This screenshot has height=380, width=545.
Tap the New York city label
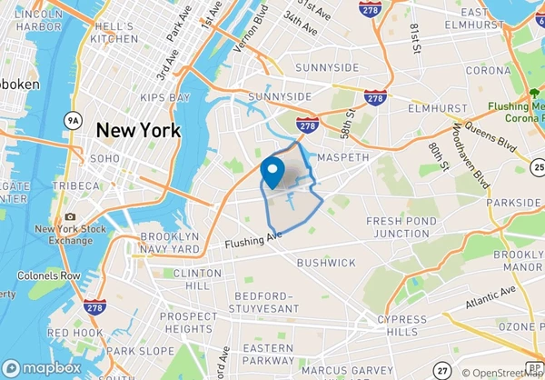coord(138,130)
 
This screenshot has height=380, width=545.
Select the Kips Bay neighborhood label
coord(165,96)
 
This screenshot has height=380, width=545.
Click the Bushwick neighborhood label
coord(326,263)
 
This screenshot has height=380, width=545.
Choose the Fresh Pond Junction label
coord(397,226)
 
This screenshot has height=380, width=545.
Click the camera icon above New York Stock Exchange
coord(70,216)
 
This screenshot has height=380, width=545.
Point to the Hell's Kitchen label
coord(114,33)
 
